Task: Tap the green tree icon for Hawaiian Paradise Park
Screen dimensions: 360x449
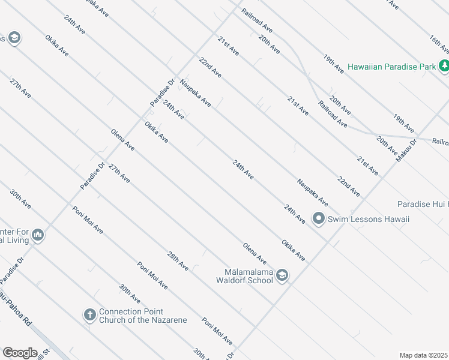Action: [444, 66]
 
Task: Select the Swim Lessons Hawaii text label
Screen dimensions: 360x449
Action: [369, 219]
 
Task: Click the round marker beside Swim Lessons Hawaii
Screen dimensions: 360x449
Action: [319, 218]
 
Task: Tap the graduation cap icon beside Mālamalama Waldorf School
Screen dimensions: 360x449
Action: [282, 275]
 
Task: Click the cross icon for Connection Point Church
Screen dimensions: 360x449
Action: [89, 314]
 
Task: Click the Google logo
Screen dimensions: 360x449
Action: [20, 353]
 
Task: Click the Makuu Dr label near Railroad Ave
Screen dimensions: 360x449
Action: [405, 151]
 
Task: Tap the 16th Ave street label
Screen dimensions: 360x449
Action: [439, 46]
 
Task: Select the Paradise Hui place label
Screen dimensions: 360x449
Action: [423, 204]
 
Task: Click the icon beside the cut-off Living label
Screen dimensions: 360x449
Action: [38, 235]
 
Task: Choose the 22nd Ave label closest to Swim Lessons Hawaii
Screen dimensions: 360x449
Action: [348, 187]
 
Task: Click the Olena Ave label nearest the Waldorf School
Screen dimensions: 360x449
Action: [255, 253]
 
